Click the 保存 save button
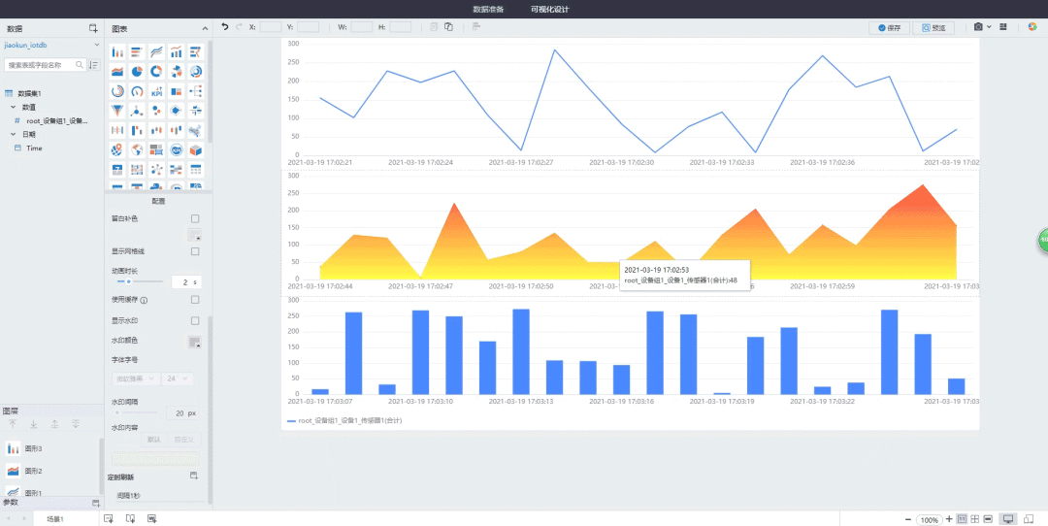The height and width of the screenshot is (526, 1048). [x=889, y=27]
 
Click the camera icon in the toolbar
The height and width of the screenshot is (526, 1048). [x=979, y=27]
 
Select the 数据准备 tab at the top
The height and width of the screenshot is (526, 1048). [x=488, y=9]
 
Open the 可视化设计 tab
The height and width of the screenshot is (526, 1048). [x=550, y=9]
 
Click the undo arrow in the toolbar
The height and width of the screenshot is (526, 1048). [x=225, y=27]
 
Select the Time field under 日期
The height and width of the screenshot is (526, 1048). [x=34, y=148]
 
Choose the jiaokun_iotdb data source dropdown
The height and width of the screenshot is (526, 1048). [x=51, y=45]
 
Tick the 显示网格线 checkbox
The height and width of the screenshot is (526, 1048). [x=195, y=251]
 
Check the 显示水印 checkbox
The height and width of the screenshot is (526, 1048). [x=195, y=320]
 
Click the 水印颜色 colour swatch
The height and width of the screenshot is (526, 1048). [x=194, y=342]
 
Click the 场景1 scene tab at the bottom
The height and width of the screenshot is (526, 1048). [x=55, y=519]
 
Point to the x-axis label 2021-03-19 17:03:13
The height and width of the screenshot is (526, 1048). [x=521, y=400]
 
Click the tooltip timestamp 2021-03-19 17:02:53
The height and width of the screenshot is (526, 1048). [x=657, y=270]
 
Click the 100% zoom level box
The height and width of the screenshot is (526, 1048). [x=930, y=520]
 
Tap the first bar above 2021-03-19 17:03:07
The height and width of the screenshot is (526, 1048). [x=319, y=390]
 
